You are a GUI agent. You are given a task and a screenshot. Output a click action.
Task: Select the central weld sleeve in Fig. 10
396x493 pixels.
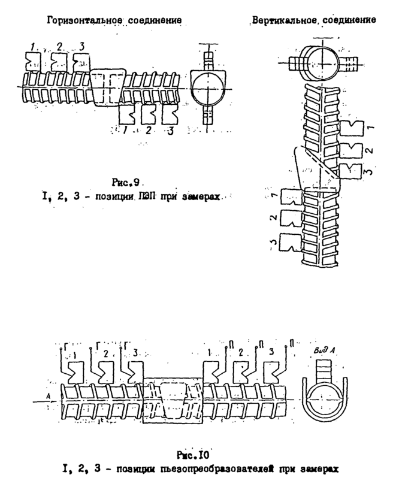(x=174, y=401)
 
